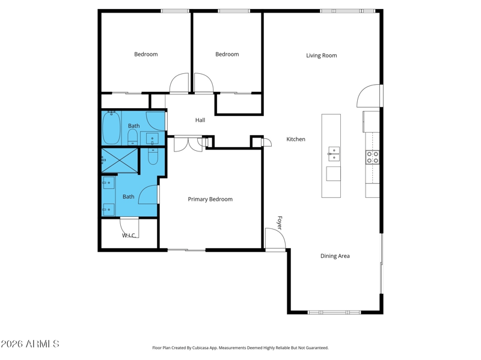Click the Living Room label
tap(322, 55)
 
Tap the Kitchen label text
tap(296, 139)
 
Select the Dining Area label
tap(335, 256)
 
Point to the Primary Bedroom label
tap(210, 200)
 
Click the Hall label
tap(200, 120)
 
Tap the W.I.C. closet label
tap(129, 236)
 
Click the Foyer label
tap(280, 222)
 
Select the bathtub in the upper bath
tap(111, 128)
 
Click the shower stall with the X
tap(120, 160)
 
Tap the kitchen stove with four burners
tap(372, 157)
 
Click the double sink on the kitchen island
tap(334, 154)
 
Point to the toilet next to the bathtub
tap(132, 137)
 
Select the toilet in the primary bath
tap(153, 156)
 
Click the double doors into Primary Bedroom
tap(188, 144)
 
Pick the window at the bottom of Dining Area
tap(334, 312)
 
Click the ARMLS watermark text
tap(42, 344)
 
